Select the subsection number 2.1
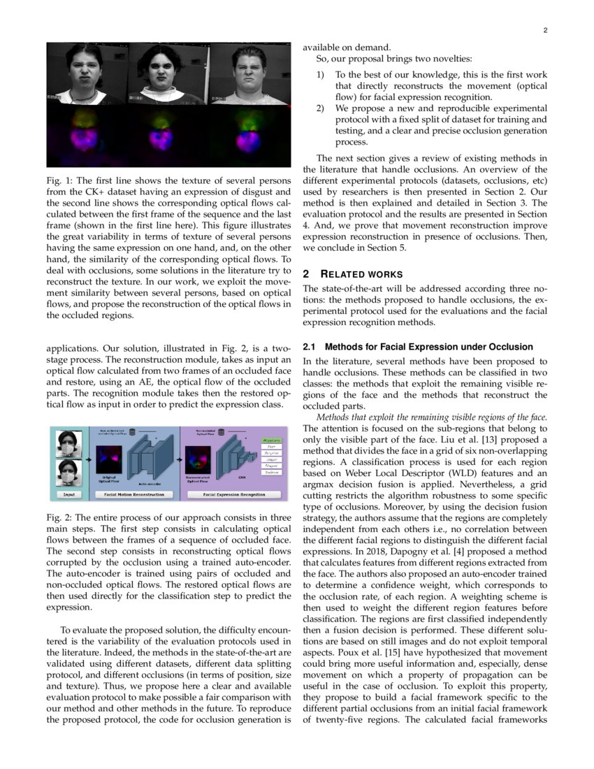310,347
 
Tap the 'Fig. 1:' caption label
60,182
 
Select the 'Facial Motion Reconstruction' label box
134,494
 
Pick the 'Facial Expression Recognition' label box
234,494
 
